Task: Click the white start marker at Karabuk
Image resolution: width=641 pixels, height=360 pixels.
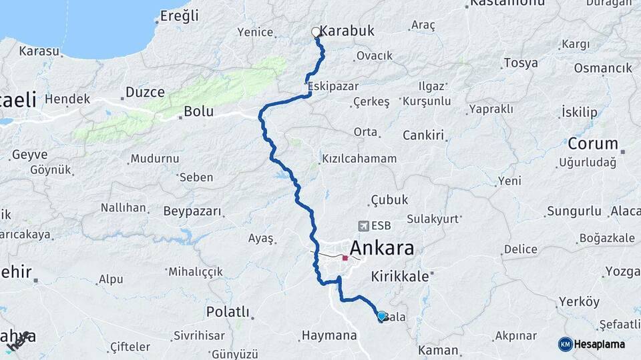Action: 316,32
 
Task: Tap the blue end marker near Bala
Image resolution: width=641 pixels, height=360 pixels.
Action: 381,316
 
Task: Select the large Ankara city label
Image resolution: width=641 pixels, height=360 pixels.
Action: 381,249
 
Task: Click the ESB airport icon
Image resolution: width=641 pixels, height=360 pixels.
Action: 363,226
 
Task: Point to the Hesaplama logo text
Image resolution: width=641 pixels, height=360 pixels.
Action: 600,344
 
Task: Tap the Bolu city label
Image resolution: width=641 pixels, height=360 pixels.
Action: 198,111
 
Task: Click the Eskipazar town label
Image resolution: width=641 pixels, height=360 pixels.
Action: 333,87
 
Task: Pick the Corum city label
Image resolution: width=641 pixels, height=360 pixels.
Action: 593,143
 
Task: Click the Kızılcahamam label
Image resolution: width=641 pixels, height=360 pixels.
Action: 359,159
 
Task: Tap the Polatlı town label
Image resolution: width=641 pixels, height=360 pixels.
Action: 228,311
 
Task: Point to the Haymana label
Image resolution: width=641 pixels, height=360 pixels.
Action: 329,335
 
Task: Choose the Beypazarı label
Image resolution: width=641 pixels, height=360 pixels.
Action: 192,211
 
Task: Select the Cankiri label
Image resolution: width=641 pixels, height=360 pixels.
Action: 423,135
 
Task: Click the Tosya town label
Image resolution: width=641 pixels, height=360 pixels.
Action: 521,63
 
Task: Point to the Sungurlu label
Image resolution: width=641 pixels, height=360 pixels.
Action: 574,211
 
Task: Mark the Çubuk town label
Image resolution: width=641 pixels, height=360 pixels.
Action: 389,200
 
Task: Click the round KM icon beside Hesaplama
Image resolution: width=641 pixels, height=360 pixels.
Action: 566,344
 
